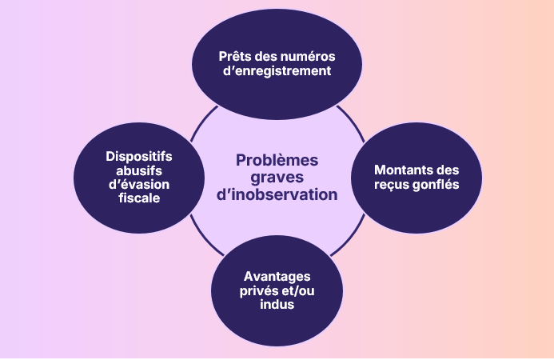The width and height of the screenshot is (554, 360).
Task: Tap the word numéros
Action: tap(307, 57)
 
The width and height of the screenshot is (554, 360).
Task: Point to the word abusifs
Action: tap(139, 170)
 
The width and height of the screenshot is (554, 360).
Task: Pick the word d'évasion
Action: tap(139, 185)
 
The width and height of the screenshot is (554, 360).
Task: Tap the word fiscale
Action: tap(139, 199)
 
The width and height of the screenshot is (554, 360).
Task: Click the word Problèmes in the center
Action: tap(277, 160)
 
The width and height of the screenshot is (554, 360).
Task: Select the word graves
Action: tap(277, 177)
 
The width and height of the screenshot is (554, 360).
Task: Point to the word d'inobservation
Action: tap(277, 194)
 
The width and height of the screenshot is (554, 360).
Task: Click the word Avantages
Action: tap(277, 276)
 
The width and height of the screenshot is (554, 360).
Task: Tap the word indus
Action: tap(277, 304)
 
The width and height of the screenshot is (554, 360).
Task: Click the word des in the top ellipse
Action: tap(267, 57)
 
